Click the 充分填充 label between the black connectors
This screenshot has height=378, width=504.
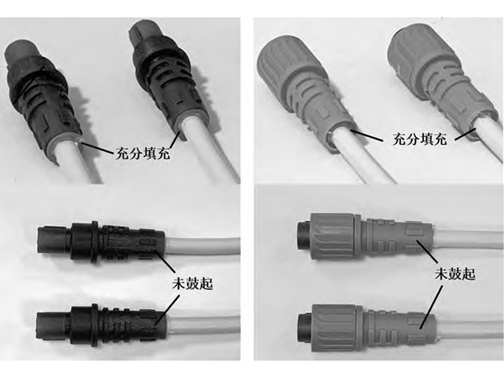coord(143,154)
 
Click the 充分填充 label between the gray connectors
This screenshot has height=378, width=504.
coord(420,139)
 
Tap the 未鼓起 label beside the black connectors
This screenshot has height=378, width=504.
coord(193,283)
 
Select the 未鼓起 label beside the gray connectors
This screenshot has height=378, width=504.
coord(455,274)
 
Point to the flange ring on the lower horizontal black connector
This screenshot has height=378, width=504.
coord(94,326)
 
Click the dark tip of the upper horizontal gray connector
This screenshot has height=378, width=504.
coord(303,235)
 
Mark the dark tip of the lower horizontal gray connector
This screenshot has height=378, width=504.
coord(305,328)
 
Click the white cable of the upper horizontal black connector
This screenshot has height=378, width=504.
coord(202,245)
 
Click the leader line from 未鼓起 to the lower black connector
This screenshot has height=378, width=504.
coord(167,310)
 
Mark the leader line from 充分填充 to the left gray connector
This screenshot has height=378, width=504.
coord(367,135)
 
